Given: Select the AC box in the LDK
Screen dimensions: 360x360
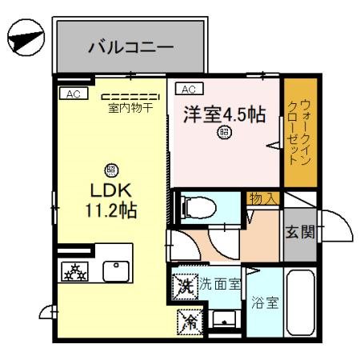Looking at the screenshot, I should [x=73, y=94].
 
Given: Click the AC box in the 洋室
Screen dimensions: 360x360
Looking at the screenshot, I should [x=190, y=89].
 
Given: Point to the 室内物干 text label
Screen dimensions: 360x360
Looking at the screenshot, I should [x=130, y=107].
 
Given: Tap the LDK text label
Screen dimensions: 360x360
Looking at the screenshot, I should [x=109, y=194].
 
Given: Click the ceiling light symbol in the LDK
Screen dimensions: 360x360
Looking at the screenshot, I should [x=110, y=169].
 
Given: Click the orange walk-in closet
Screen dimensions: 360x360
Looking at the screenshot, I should [x=299, y=132].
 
